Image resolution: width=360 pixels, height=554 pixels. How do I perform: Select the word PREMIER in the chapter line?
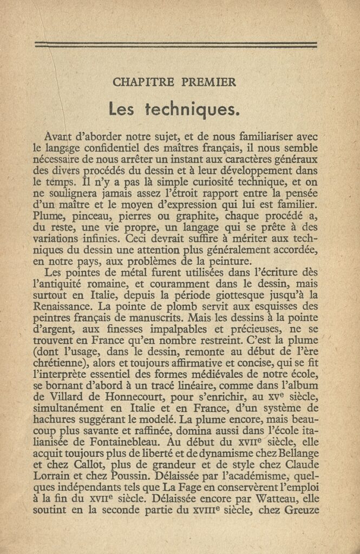208,83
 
